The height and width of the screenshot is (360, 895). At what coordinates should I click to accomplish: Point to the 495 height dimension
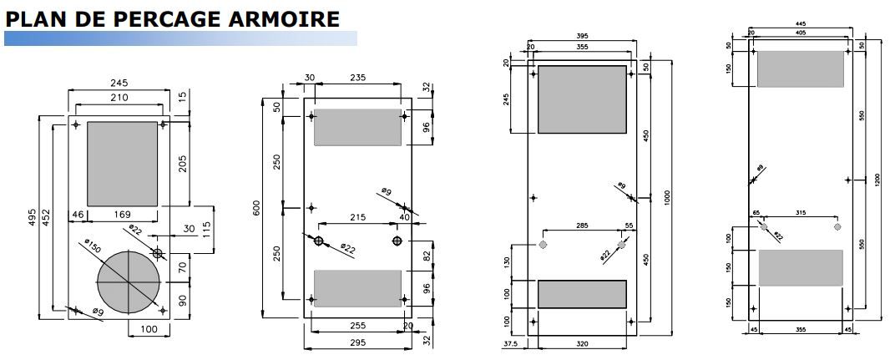pos(33,217)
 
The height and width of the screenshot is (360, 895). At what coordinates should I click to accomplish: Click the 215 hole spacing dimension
pos(357,218)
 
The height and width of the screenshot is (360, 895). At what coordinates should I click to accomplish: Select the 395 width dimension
pos(583,36)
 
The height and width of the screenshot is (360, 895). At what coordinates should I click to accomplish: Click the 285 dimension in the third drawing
pos(582,226)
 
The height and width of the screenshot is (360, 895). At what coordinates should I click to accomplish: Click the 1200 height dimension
pos(877,180)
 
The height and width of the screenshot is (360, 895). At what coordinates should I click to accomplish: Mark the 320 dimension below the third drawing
pos(583,342)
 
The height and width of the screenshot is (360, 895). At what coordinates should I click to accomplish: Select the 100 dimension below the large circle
pos(149,329)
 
